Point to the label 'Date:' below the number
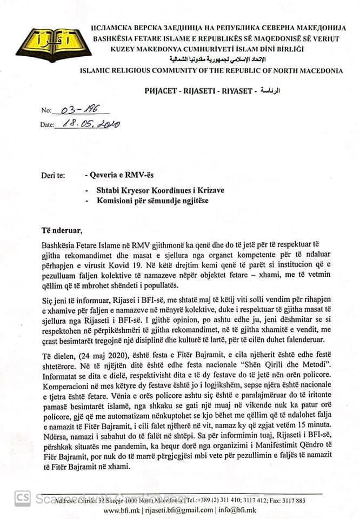click(x=48, y=125)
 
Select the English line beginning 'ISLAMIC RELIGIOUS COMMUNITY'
click(x=211, y=70)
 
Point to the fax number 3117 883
click(x=293, y=500)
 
